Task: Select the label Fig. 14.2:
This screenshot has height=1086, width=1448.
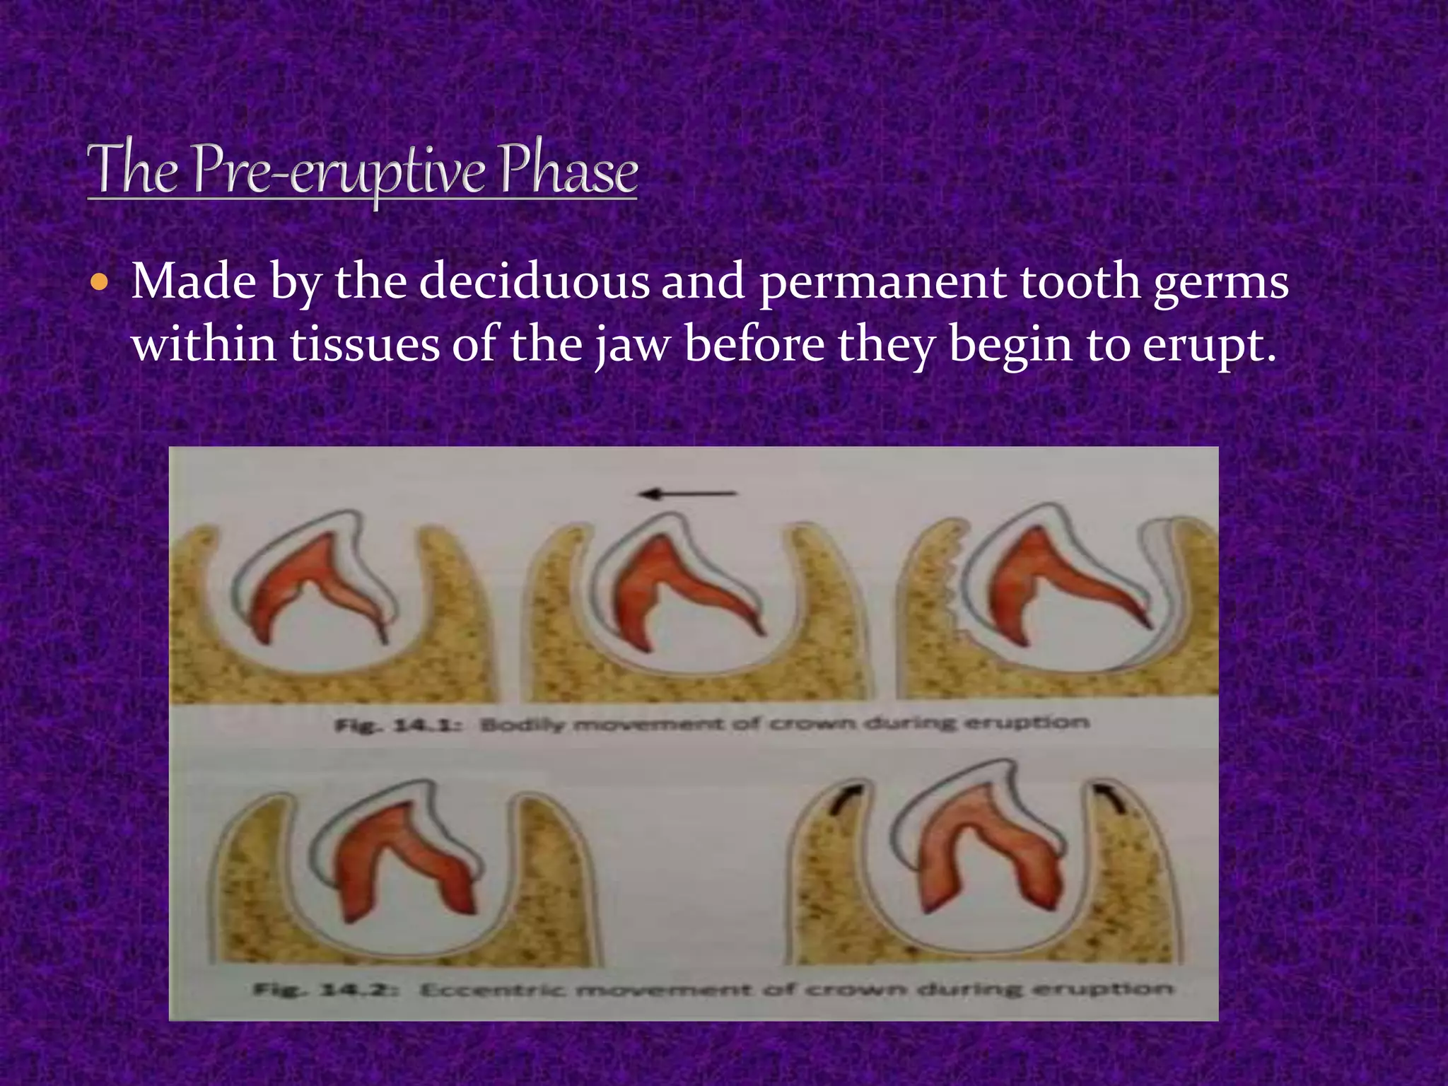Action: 327,989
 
